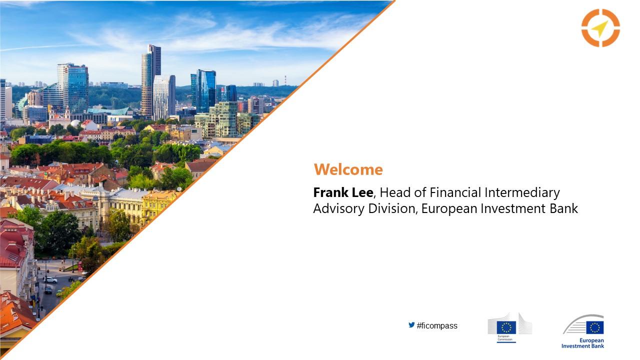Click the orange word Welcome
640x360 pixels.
pos(348,169)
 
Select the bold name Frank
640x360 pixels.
pos(330,192)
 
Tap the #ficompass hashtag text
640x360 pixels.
pos(437,325)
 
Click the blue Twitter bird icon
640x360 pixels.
pos(411,325)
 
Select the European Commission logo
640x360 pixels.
pos(509,328)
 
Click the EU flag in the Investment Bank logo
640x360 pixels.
pos(595,327)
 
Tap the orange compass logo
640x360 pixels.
pos(600,27)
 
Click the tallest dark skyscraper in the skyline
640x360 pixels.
pos(151,80)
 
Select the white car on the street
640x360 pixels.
pos(51,280)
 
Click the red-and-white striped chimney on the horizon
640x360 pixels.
pos(285,80)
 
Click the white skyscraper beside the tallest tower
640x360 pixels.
pos(164,97)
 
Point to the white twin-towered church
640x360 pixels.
pos(59,117)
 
